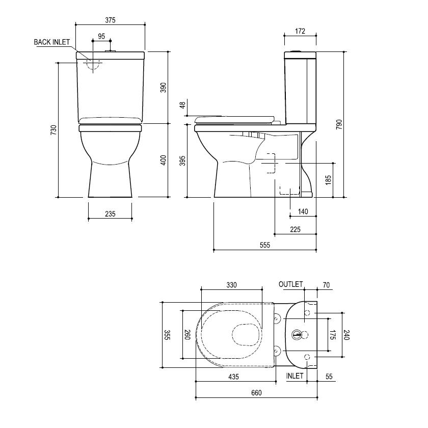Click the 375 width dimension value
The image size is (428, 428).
(111, 20)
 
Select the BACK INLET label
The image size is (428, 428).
(52, 42)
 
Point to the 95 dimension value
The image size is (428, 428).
(101, 36)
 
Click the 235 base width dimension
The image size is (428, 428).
(110, 214)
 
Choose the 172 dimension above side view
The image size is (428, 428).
(300, 32)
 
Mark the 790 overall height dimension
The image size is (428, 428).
(339, 125)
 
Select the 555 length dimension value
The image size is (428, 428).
(264, 245)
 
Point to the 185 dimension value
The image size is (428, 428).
(328, 179)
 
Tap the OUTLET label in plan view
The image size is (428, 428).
(290, 284)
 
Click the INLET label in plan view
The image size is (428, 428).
(295, 376)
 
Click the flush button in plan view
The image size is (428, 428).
(297, 334)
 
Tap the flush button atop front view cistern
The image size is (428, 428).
(111, 50)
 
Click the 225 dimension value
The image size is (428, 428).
(295, 229)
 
